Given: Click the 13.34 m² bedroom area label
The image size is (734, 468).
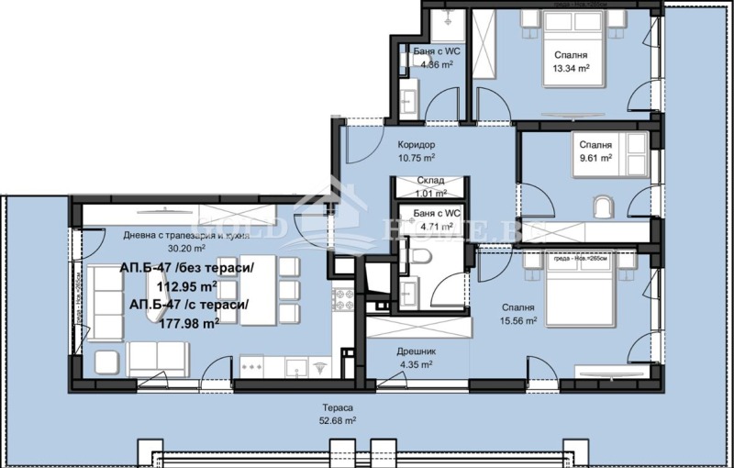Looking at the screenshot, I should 565,68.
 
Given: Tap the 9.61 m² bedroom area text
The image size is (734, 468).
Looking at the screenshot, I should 595,157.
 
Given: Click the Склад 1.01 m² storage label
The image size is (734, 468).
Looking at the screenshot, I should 430,187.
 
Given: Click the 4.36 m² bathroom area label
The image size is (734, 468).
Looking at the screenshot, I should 433,64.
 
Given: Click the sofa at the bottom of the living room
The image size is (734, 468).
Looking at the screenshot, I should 158,358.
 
